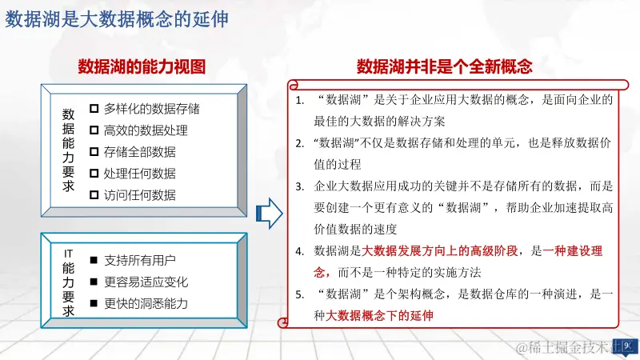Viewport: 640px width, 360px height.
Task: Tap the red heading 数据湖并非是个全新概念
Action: [445, 66]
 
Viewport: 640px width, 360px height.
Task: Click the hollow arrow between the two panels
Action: [268, 214]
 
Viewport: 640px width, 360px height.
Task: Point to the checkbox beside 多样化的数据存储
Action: [94, 108]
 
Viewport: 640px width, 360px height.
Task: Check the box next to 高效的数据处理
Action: [94, 130]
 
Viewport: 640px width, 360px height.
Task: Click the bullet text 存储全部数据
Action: [139, 151]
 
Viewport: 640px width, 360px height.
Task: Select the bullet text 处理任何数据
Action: [139, 173]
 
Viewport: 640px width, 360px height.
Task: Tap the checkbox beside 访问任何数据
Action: [94, 194]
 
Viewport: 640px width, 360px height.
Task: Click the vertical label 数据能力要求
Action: [68, 150]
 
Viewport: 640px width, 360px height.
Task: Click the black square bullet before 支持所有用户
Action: [94, 261]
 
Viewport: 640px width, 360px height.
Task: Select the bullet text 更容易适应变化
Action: [145, 282]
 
